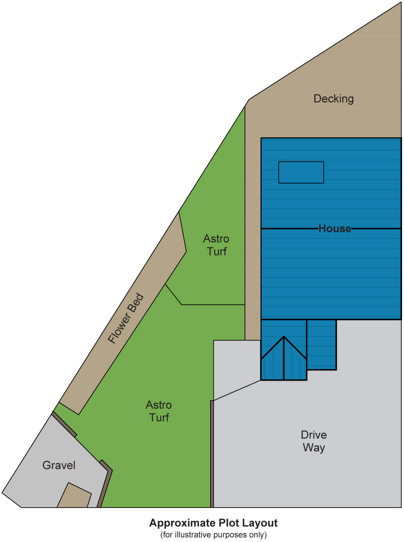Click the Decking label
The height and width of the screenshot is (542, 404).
pos(334,99)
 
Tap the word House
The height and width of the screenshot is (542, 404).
pos(335,228)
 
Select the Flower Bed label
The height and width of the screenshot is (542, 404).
pos(126,319)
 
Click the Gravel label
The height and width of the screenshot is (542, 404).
pos(59,465)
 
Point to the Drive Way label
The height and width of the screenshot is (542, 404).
pos(314,441)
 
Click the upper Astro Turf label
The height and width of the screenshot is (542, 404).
pos(216,245)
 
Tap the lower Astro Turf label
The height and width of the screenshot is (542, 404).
pos(159,411)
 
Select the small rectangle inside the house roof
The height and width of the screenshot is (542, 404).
pos(301,172)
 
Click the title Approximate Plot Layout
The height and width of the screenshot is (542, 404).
pos(213,523)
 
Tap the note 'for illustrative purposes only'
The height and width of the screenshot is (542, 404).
pos(213,535)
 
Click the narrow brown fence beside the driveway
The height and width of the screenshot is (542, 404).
pos(212,454)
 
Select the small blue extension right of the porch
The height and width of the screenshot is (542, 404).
pos(321,345)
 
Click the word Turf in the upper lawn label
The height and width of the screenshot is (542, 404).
pos(216,251)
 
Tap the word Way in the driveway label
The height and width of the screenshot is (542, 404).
pos(314,448)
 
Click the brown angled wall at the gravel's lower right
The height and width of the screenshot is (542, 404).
pos(105,486)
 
